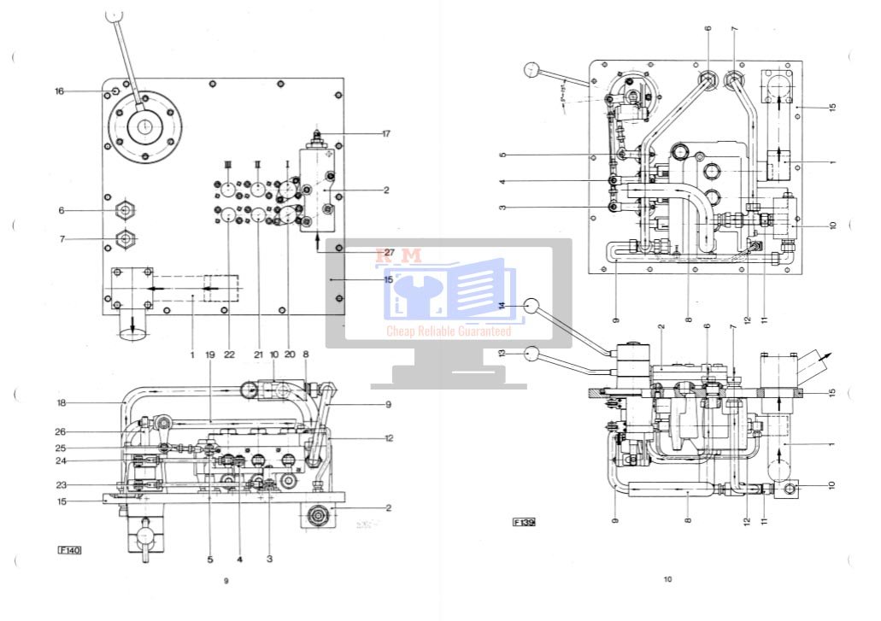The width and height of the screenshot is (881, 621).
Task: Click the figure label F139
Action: [524, 521]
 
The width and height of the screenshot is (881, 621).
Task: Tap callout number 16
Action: [59, 91]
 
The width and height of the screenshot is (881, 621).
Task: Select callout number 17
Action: [385, 132]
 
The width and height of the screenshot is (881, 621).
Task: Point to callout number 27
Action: [389, 253]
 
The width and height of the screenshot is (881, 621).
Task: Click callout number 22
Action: [229, 354]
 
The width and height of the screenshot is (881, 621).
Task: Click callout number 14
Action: [502, 305]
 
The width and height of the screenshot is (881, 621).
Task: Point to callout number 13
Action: [502, 353]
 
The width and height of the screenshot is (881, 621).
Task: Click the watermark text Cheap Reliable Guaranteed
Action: [449, 331]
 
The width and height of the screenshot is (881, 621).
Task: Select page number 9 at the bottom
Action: [226, 581]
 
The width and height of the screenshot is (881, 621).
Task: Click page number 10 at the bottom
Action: [668, 579]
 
